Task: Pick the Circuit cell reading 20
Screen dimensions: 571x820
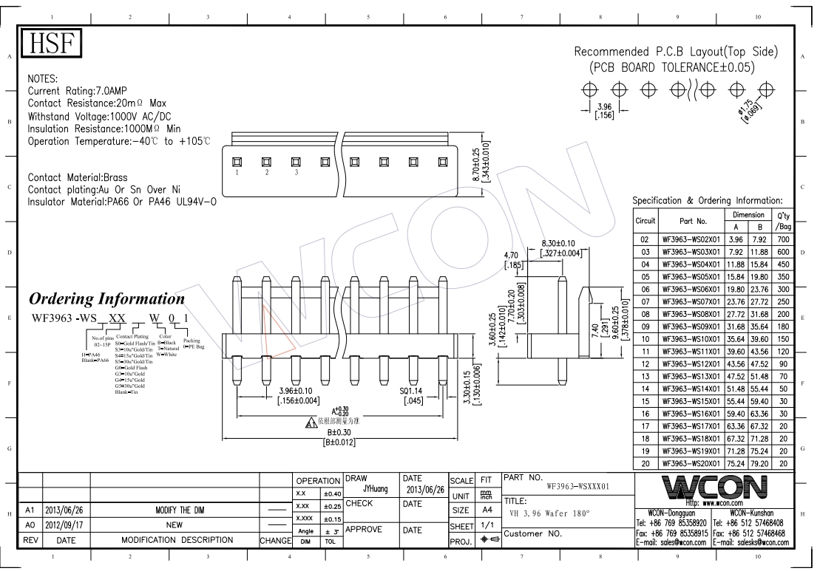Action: (x=645, y=462)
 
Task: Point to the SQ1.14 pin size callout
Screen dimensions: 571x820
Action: (x=413, y=392)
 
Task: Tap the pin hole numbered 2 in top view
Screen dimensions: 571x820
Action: (x=266, y=162)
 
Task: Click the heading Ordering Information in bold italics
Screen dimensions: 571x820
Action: (x=106, y=299)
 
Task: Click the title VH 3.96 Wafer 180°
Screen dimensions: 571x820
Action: (x=551, y=513)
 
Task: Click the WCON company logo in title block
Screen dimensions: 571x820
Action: (x=713, y=487)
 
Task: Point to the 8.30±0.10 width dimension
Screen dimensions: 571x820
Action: (x=558, y=243)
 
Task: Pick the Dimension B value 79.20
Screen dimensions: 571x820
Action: (x=759, y=462)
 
